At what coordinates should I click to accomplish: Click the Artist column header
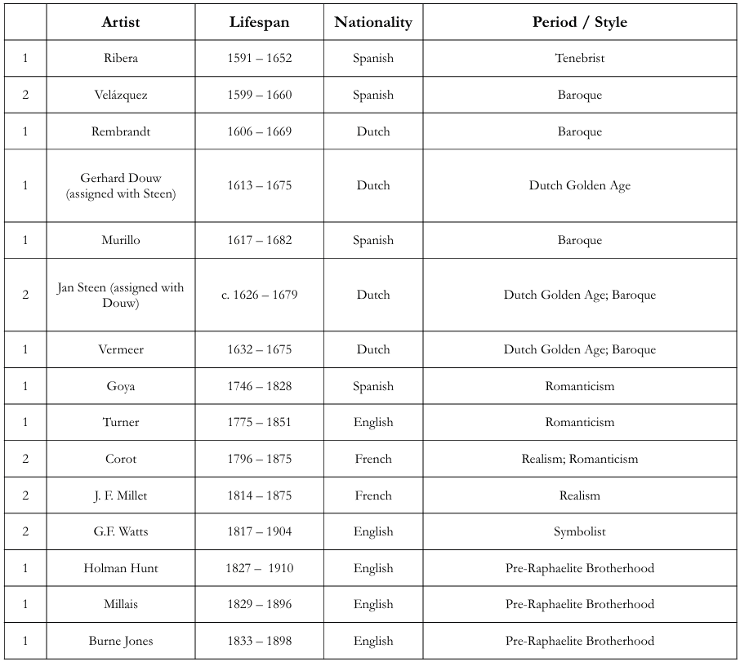click(120, 22)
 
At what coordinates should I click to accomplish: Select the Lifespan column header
click(259, 22)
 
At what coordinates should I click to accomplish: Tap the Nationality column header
click(373, 22)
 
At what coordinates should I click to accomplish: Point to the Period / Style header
click(579, 22)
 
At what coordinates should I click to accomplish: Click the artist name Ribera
click(121, 59)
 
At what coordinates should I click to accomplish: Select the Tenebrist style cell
click(579, 59)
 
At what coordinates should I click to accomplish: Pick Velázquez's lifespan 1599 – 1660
click(259, 95)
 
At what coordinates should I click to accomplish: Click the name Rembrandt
click(121, 131)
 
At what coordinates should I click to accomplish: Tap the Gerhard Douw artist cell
click(121, 185)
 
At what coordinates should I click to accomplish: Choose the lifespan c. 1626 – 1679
click(259, 295)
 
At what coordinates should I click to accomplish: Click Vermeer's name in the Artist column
click(121, 349)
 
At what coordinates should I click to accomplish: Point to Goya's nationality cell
click(373, 386)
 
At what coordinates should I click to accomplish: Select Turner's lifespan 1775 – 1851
click(259, 422)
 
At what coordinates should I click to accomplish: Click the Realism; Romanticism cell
click(579, 459)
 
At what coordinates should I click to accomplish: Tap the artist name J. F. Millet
click(121, 495)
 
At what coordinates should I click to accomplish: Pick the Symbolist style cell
click(579, 531)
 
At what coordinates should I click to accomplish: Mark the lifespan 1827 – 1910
click(259, 568)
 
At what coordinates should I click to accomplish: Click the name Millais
click(121, 604)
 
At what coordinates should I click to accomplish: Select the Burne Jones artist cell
click(121, 641)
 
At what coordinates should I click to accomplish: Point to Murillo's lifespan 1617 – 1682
click(259, 240)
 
